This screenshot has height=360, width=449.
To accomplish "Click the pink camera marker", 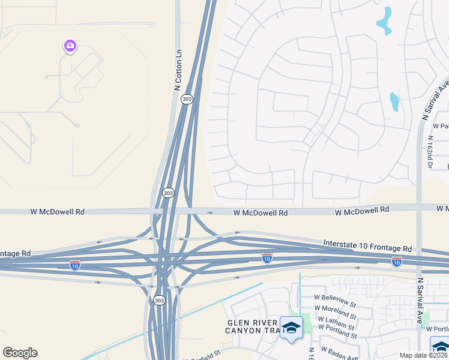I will [x=70, y=46].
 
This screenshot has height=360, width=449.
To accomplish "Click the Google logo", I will [x=20, y=353].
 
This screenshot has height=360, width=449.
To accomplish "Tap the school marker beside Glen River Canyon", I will [x=292, y=328].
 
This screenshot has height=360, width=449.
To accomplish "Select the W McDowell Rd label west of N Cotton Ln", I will [x=58, y=212].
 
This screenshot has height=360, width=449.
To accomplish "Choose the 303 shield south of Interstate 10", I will [x=158, y=300].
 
